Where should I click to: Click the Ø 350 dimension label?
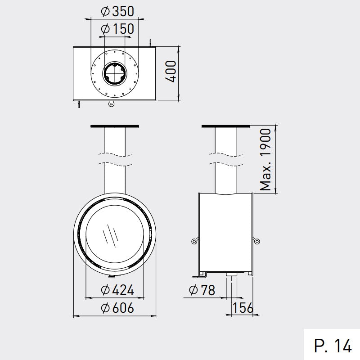(117, 11)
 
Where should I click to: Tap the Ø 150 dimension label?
(117, 29)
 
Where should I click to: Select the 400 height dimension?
(171, 71)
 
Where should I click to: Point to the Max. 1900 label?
(265, 160)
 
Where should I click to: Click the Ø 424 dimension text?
(117, 290)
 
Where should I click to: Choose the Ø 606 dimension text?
(117, 308)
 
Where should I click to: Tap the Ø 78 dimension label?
(202, 290)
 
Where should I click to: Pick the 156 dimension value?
(243, 308)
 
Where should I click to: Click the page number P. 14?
(333, 346)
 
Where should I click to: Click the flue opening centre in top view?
(115, 73)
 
